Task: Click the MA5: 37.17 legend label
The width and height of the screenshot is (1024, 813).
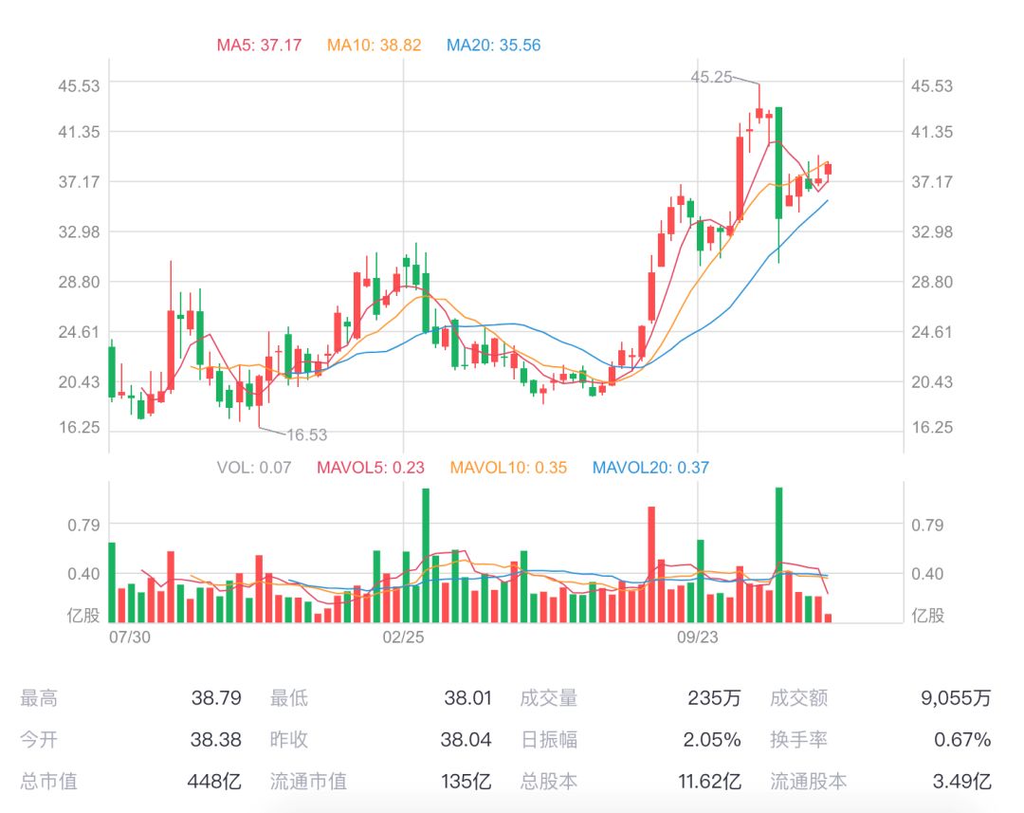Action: [259, 45]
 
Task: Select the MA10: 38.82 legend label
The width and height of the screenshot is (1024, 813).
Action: [374, 45]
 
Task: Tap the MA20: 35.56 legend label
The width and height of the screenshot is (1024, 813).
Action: [493, 45]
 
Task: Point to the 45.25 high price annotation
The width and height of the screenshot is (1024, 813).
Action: [711, 78]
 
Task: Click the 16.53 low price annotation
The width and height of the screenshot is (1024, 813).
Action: [306, 435]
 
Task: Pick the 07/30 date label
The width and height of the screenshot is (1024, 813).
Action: [130, 637]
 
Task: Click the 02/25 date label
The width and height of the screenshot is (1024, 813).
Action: [404, 637]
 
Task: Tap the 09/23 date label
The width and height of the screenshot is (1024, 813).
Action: [697, 637]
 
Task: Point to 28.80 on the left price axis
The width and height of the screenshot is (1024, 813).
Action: [79, 282]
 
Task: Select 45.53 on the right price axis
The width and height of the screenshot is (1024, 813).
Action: [932, 85]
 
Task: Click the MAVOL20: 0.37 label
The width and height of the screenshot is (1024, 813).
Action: [649, 467]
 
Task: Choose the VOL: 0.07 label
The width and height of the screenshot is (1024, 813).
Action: [253, 467]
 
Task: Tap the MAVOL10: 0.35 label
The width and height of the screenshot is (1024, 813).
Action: [508, 467]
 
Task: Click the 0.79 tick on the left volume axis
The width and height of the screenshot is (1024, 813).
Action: [84, 524]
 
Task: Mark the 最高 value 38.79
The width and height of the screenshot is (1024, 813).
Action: [216, 699]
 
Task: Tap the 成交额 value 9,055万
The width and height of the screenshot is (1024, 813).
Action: [956, 699]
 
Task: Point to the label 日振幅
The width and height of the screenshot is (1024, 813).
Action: [549, 740]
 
